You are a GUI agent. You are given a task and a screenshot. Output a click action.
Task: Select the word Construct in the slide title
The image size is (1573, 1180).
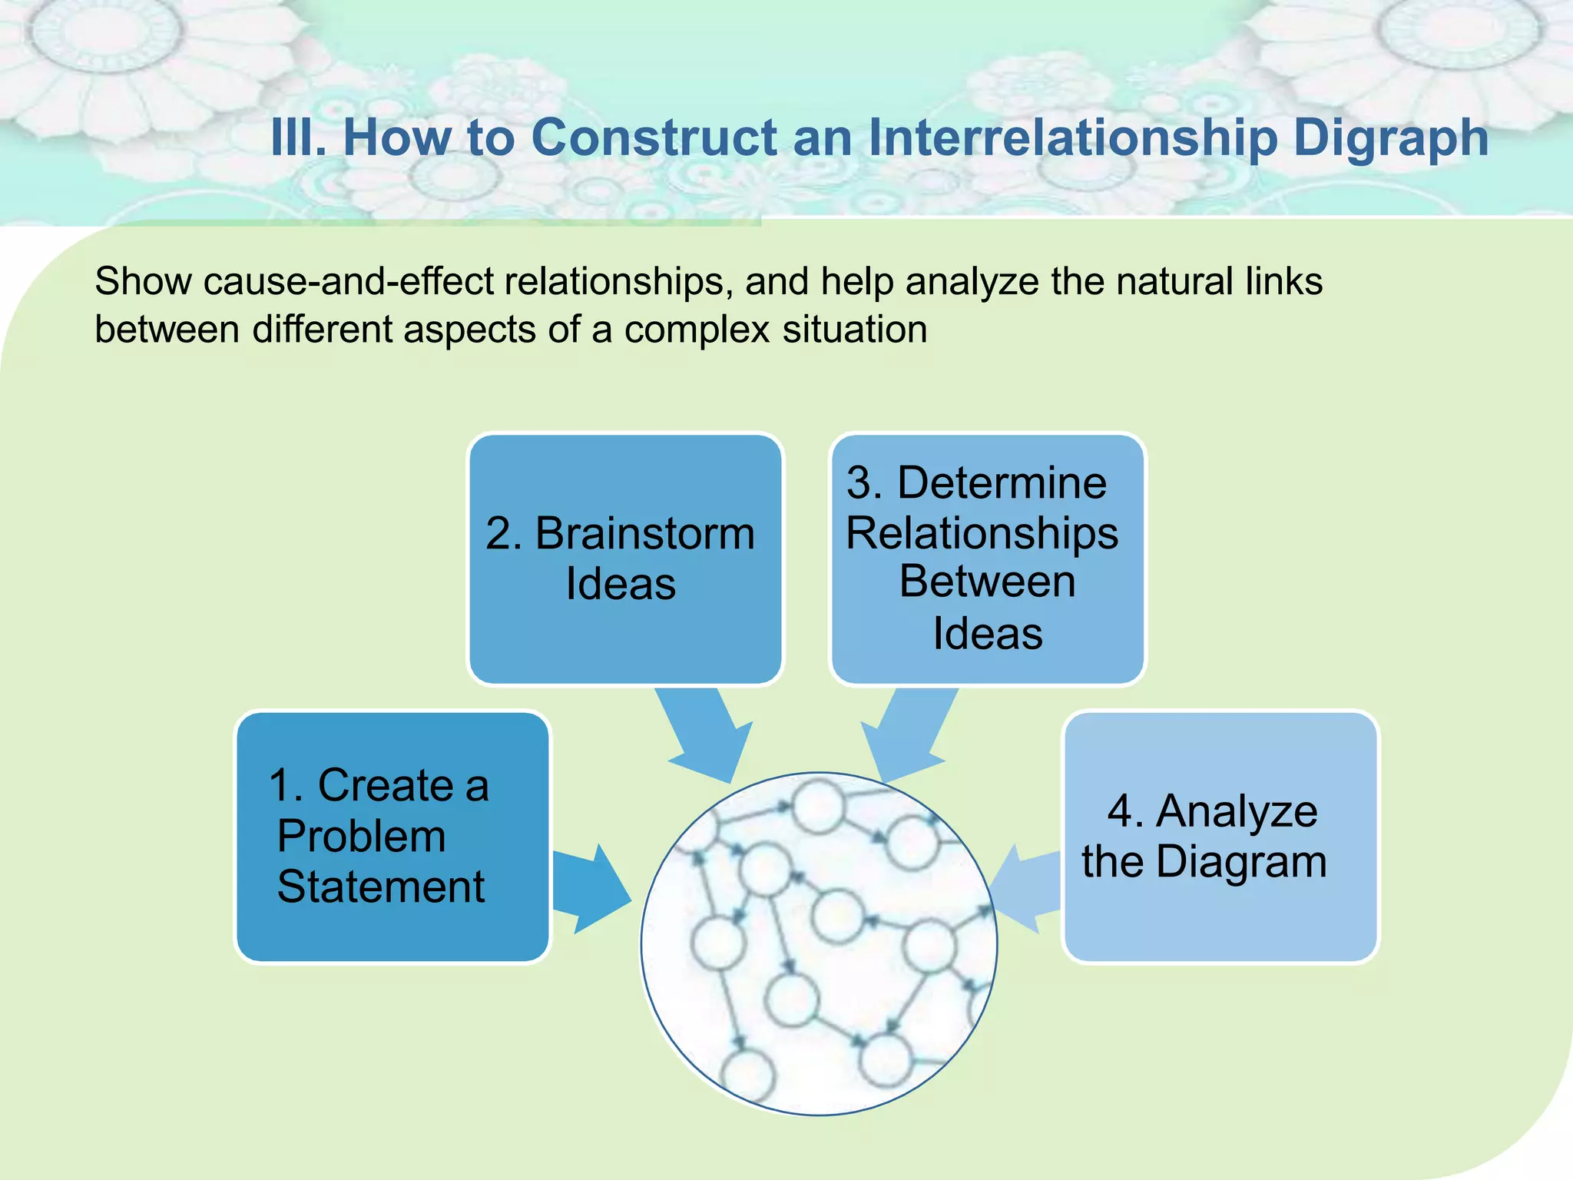pyautogui.click(x=654, y=138)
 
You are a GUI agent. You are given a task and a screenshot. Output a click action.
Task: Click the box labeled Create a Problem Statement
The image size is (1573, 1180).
pyautogui.click(x=392, y=837)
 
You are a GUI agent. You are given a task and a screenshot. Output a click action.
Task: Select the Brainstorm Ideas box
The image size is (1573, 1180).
pyautogui.click(x=625, y=559)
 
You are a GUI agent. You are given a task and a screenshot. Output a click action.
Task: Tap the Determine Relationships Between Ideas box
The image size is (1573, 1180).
pyautogui.click(x=988, y=559)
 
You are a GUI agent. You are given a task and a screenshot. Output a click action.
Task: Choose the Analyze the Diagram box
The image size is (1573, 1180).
pyautogui.click(x=1220, y=837)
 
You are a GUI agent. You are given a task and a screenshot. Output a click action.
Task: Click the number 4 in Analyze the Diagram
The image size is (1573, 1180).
pyautogui.click(x=1121, y=811)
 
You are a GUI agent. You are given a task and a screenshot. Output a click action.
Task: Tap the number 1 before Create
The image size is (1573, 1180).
pyautogui.click(x=281, y=786)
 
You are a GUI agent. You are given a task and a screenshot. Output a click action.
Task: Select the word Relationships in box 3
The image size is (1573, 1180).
pyautogui.click(x=982, y=533)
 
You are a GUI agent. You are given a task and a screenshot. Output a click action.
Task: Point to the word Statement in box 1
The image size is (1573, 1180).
pyautogui.click(x=381, y=887)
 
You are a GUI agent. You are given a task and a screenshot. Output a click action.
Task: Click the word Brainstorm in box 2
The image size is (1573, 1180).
pyautogui.click(x=645, y=533)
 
